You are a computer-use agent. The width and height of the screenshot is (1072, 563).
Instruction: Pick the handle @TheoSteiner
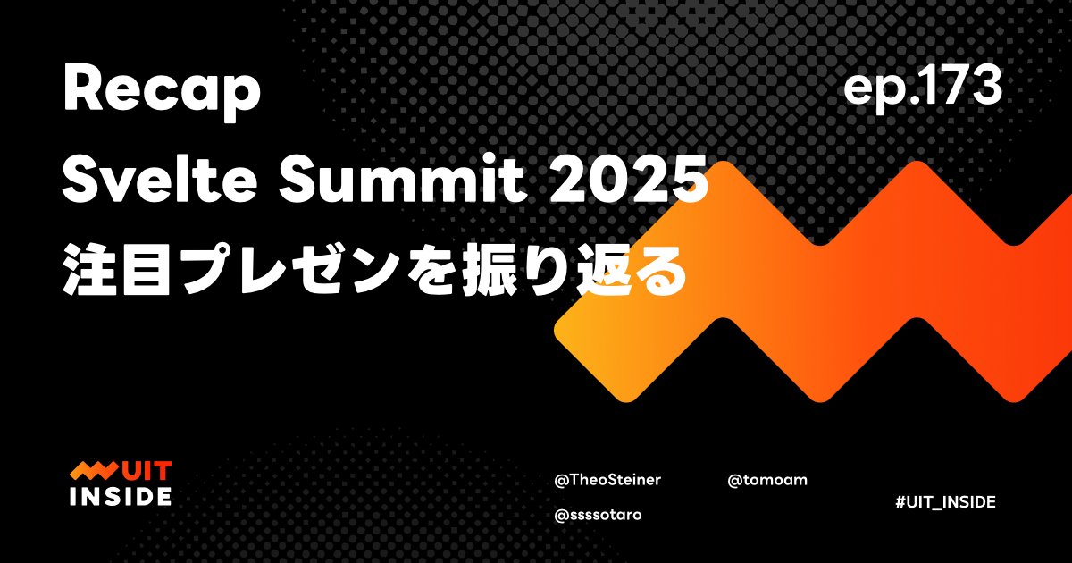pos(607,480)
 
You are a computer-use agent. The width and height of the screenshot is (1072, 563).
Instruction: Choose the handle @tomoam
pos(767,480)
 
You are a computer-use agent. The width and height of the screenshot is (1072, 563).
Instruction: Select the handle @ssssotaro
pos(598,515)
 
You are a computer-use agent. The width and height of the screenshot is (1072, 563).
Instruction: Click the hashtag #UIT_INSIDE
pos(944,502)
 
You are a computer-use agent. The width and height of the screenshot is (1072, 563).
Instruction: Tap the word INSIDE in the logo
pos(121,496)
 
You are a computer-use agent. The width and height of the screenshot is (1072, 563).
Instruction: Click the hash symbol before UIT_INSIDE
pos(898,502)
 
